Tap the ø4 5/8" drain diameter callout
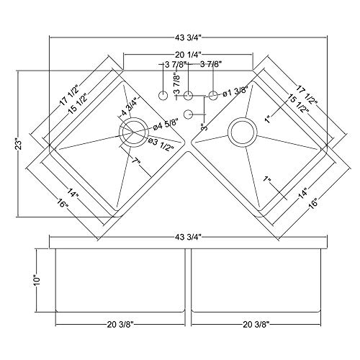[165, 128]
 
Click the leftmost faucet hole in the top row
[163, 95]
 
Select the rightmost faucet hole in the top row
[214, 94]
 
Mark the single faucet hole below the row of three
[189, 113]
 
